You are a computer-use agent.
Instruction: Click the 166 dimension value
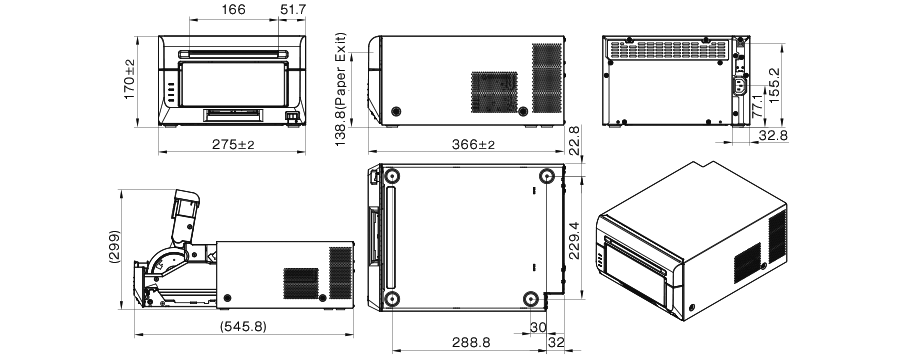click(x=206, y=10)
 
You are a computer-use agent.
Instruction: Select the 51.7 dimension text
click(x=294, y=10)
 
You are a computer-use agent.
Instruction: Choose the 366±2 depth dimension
click(x=473, y=146)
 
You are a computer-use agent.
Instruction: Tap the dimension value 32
click(x=556, y=342)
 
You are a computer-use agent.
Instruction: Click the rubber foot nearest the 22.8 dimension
click(x=546, y=177)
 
